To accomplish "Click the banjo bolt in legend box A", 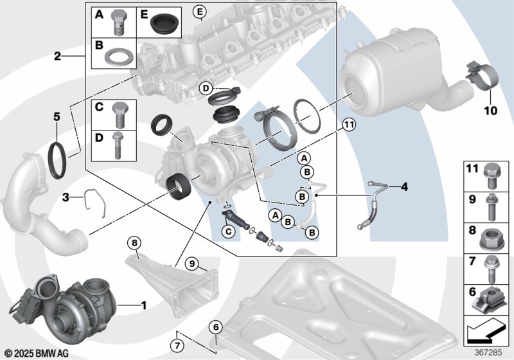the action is click(120, 22).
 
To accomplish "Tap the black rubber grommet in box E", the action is click(165, 22).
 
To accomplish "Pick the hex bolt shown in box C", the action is click(120, 114).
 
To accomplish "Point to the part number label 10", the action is click(490, 111).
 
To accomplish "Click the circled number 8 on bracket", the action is click(134, 243).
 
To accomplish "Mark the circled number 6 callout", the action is click(215, 327).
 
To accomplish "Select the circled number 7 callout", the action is click(177, 345).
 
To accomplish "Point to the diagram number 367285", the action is click(488, 352).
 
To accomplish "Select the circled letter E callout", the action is click(199, 12).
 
